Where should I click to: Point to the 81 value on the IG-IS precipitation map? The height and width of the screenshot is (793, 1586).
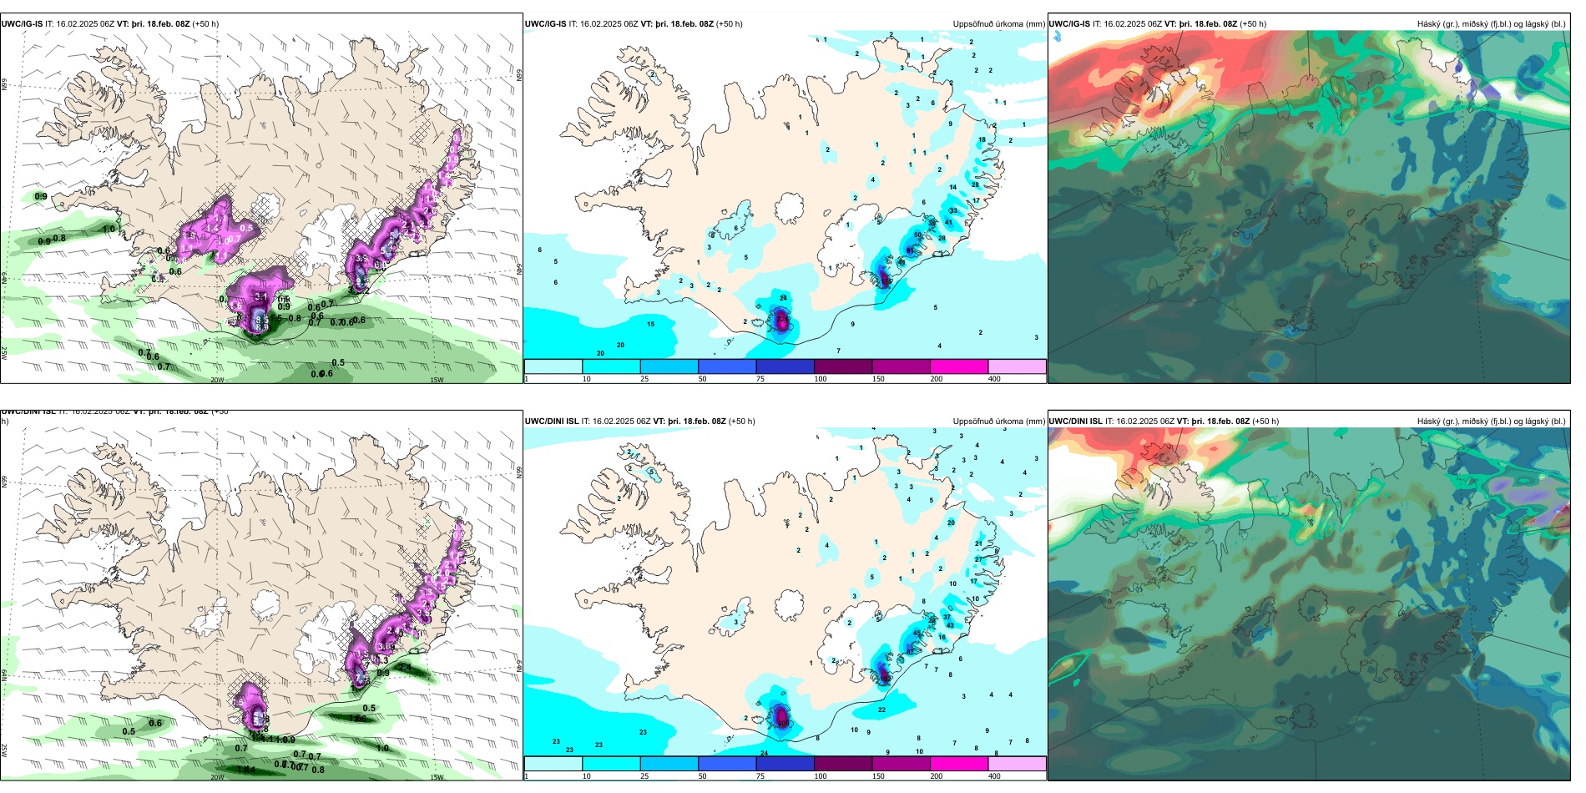910,250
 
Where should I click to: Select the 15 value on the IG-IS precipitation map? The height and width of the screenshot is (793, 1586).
650,324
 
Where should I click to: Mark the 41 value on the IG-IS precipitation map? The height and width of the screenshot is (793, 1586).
948,223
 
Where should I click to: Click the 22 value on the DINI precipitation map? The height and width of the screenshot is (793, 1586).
881,710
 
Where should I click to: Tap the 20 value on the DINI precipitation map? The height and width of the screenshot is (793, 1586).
951,523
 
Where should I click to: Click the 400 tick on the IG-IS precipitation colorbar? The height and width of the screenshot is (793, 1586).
994,379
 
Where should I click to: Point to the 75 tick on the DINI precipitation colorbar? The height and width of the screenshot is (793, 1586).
760,776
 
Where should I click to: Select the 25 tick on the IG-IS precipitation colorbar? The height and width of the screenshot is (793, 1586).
644,379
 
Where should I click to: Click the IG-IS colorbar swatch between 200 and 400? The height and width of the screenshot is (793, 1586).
1017,366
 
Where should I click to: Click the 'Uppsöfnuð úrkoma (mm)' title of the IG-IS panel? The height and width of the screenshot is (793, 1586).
998,24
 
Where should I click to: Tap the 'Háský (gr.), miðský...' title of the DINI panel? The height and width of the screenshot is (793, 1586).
1491,422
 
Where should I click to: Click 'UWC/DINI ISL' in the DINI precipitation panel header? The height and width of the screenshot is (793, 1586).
552,422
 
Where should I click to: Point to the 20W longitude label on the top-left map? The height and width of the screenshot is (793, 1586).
217,380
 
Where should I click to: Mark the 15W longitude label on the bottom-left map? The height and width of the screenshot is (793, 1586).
437,777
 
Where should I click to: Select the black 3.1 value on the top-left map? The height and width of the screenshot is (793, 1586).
261,296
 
